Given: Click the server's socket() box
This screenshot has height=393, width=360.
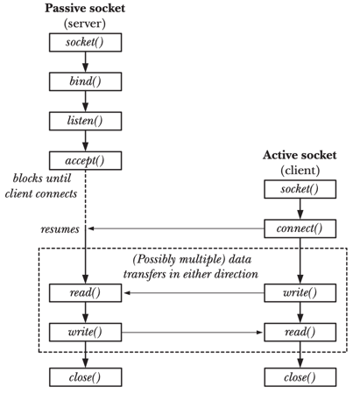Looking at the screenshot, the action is [x=85, y=42].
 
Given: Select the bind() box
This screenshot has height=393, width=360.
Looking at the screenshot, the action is [x=85, y=81].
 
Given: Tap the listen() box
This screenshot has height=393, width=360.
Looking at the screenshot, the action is [x=85, y=121].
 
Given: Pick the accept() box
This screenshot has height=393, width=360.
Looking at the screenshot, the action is [x=85, y=160].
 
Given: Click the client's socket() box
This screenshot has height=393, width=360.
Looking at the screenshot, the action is [x=300, y=189].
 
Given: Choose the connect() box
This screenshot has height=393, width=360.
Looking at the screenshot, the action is [x=300, y=228].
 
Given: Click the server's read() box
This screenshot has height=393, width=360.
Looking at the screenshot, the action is [x=85, y=292].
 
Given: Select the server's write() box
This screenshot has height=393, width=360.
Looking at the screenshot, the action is [x=85, y=332].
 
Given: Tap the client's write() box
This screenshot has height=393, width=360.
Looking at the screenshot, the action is [x=300, y=292].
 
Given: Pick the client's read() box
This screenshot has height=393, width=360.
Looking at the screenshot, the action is [x=300, y=332].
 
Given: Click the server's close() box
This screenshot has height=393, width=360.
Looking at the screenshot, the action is [x=85, y=377].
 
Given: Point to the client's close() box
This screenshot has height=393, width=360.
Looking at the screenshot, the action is [x=300, y=377].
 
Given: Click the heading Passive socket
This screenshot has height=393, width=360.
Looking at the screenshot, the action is [x=85, y=8].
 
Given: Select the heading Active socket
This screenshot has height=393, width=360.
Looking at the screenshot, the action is [x=300, y=155].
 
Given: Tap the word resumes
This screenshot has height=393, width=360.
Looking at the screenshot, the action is [x=60, y=229].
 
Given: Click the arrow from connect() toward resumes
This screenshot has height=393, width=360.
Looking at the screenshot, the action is [x=176, y=228].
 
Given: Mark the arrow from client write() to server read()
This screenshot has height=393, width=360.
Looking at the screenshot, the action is [x=194, y=292].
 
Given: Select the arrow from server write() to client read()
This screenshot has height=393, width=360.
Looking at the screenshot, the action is [x=192, y=332].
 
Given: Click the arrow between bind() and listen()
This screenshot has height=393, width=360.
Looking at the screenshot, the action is [x=85, y=102].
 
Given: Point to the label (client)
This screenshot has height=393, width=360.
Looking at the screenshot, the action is [x=300, y=171].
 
